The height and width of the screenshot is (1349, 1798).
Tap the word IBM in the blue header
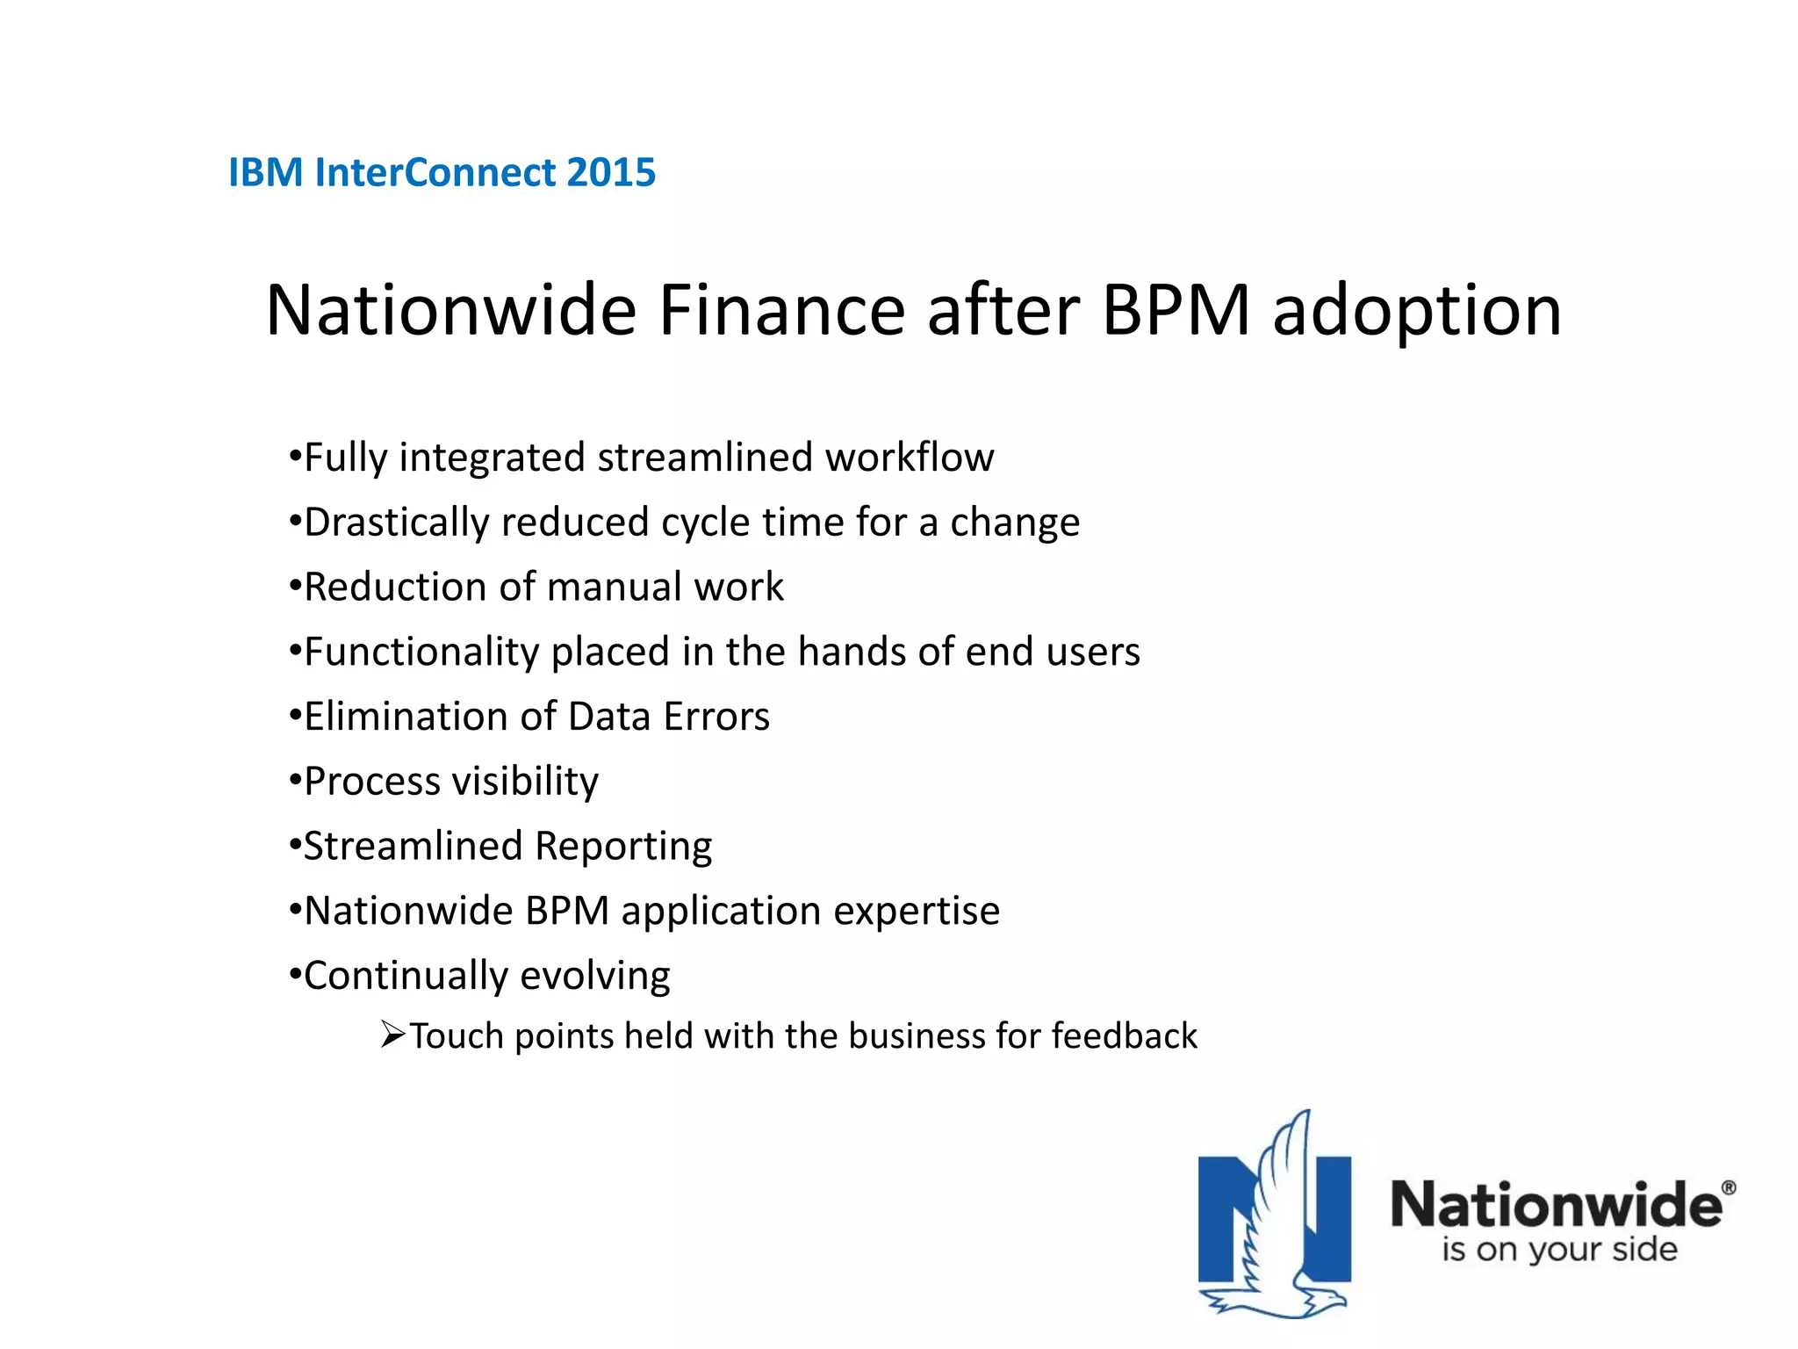click(265, 172)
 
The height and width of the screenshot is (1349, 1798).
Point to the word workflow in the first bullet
click(909, 458)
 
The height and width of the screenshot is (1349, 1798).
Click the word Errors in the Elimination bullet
click(716, 717)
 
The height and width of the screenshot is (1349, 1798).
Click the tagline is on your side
click(1559, 1250)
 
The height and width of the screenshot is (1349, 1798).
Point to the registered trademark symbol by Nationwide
click(1728, 1187)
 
